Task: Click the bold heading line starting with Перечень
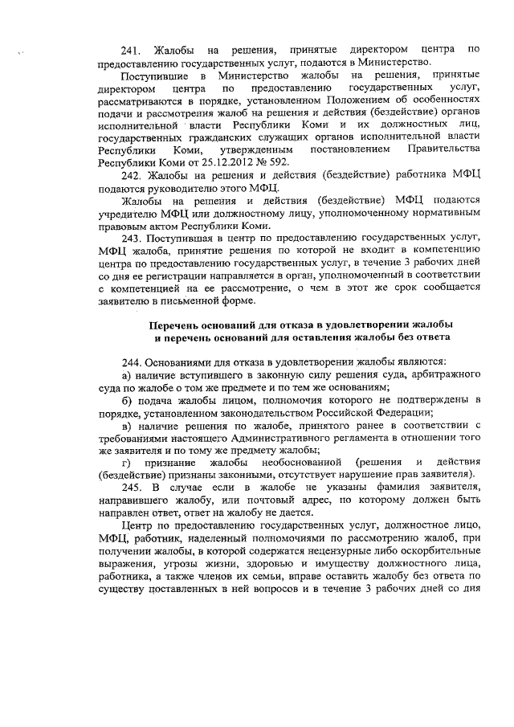(300, 324)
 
